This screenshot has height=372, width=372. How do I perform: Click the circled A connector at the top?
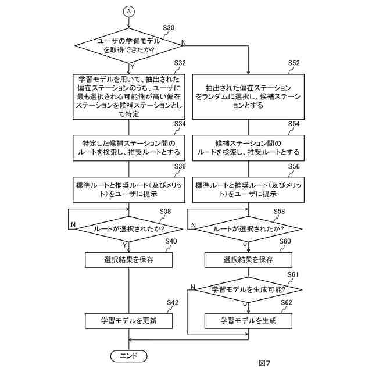[x=129, y=11]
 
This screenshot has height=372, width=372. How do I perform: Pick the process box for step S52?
[x=248, y=97]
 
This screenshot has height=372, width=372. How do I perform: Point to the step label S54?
[x=294, y=124]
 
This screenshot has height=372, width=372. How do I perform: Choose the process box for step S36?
[x=129, y=189]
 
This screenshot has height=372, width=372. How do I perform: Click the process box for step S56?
[x=248, y=189]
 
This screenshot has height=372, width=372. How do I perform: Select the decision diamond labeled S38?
[x=129, y=229]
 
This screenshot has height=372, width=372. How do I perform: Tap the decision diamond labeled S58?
[x=248, y=229]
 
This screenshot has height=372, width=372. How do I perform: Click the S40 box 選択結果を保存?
[x=129, y=260]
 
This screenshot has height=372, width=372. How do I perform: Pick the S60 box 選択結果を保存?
[x=248, y=260]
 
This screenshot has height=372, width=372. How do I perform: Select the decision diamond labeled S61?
[x=248, y=289]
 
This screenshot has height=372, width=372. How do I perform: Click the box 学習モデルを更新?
[x=129, y=320]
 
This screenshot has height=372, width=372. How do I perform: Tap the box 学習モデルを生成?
[x=248, y=320]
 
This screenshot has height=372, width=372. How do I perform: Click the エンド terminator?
[x=129, y=355]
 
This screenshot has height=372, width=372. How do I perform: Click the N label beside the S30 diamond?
[x=184, y=42]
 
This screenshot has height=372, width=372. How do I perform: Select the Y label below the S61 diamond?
[x=244, y=305]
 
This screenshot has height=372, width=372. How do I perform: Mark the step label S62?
[x=286, y=303]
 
